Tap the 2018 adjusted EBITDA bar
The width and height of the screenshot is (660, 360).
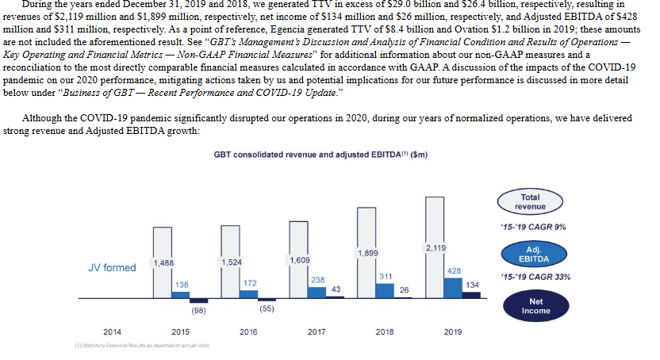pos(385,290)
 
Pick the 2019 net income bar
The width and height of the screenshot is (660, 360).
pos(471,295)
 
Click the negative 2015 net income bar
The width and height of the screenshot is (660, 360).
pos(198,301)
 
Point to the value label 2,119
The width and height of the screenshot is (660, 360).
pos(436,248)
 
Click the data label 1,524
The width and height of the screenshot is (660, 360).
pos(232,262)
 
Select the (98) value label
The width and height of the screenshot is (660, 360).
pos(198,311)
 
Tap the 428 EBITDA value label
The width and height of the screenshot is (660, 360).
pos(454,271)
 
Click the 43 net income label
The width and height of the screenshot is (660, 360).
pos(336,289)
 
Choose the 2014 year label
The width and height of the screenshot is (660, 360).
pos(113,331)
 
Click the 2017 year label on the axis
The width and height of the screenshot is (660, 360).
pos(317,331)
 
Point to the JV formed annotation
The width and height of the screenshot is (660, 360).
pos(113,268)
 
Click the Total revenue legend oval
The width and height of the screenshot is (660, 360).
pos(530,202)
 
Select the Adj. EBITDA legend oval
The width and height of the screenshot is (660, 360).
pos(534,255)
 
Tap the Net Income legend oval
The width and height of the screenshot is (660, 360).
pos(535,306)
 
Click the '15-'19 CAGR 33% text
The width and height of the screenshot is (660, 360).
pos(535,278)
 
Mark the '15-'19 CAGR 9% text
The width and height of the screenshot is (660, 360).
pos(533,227)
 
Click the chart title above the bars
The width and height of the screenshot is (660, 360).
pos(320,155)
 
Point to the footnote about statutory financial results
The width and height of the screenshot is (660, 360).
pos(142,346)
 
